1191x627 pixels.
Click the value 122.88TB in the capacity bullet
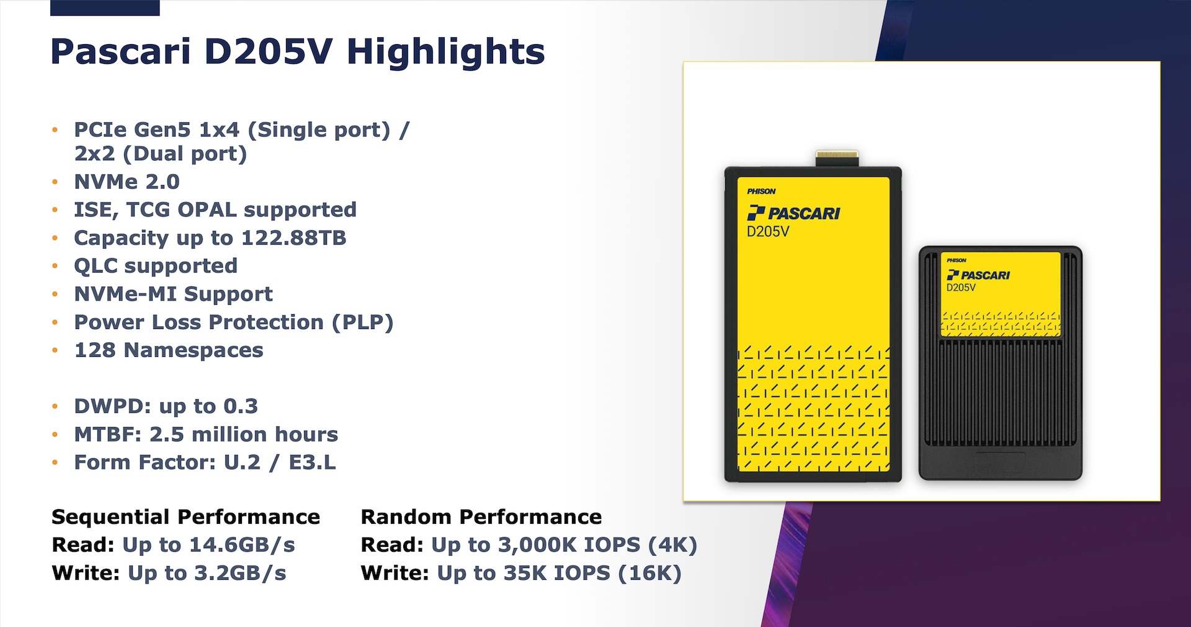click(x=293, y=238)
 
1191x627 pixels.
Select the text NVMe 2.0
click(x=127, y=182)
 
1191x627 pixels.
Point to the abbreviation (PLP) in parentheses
click(x=363, y=323)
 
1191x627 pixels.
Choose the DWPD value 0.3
click(x=241, y=406)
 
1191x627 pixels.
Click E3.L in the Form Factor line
click(x=312, y=462)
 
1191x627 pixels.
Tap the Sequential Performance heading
click(x=186, y=516)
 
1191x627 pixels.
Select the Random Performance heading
click(x=481, y=516)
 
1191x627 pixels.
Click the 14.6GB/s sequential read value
click(x=242, y=545)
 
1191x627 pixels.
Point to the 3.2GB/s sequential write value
click(x=240, y=573)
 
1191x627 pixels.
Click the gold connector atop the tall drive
click(x=837, y=158)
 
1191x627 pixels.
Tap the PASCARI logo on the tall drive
click(x=793, y=213)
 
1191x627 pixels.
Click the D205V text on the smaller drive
click(x=961, y=288)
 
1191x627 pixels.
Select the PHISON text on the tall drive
click(x=761, y=191)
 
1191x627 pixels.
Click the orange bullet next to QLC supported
click(x=55, y=266)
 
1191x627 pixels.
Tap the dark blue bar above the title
click(x=105, y=7)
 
